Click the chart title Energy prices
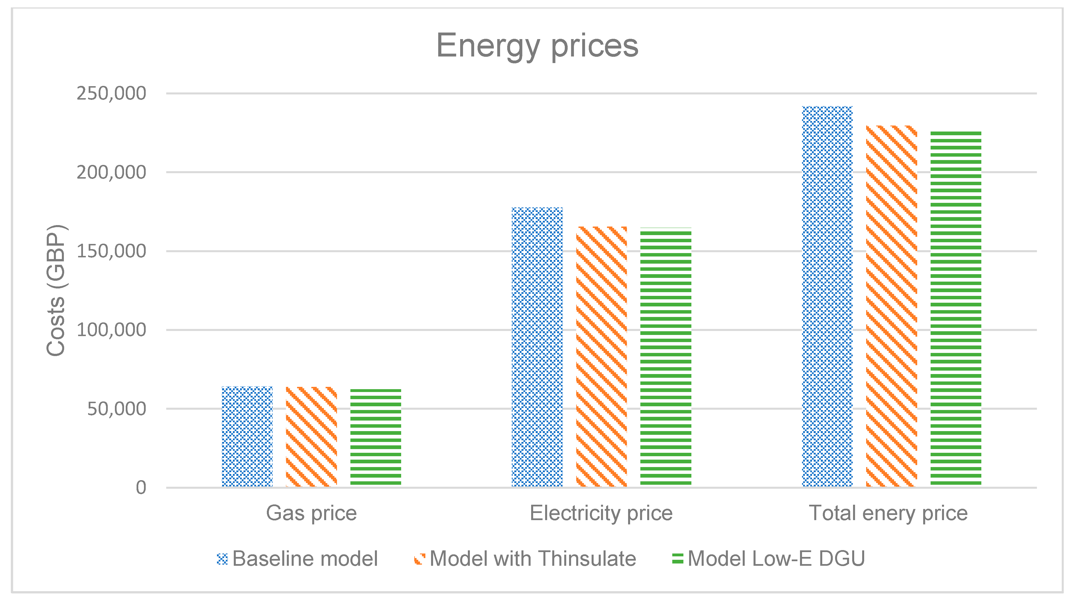[x=537, y=46]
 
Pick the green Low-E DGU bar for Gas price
[x=375, y=437]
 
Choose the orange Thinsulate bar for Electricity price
[x=601, y=356]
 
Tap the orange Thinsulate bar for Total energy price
[x=892, y=306]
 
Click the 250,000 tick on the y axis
[x=111, y=93]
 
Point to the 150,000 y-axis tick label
[x=111, y=251]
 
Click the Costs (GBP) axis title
[x=55, y=290]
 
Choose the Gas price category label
[x=311, y=513]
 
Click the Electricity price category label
[x=601, y=513]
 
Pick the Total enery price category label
[x=888, y=513]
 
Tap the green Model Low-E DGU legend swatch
[x=677, y=559]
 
